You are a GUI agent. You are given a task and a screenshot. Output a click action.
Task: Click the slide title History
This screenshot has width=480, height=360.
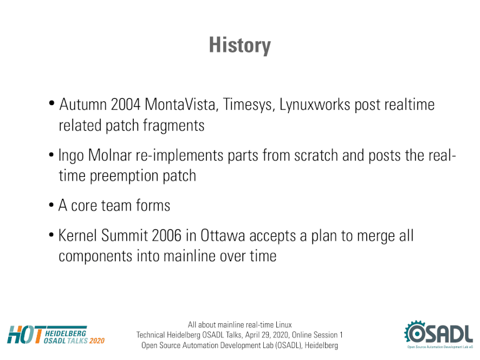click(x=240, y=45)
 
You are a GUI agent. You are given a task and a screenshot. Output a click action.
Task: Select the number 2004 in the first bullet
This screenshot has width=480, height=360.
click(x=126, y=104)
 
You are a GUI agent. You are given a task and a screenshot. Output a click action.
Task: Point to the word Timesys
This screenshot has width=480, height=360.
click(x=249, y=105)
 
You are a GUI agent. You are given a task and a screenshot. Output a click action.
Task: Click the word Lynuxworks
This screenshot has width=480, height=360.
click(x=314, y=105)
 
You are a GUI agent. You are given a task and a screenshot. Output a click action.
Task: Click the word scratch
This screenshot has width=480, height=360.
click(x=316, y=155)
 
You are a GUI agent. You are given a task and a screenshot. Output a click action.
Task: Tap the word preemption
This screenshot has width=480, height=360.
click(x=124, y=176)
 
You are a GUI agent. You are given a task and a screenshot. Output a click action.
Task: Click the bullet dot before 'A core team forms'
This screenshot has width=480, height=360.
click(x=51, y=206)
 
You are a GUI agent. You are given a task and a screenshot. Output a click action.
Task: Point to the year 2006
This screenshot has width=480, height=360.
click(x=166, y=236)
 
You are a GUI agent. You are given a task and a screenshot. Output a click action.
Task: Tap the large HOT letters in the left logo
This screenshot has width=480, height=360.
click(x=26, y=334)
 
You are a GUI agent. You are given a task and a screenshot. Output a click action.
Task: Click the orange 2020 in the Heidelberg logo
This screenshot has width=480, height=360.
click(x=97, y=341)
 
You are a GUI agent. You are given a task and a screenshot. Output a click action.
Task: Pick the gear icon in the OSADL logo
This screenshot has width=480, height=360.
click(x=415, y=332)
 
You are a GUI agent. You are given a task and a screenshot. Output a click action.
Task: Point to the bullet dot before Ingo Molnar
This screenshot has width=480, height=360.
click(x=51, y=155)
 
